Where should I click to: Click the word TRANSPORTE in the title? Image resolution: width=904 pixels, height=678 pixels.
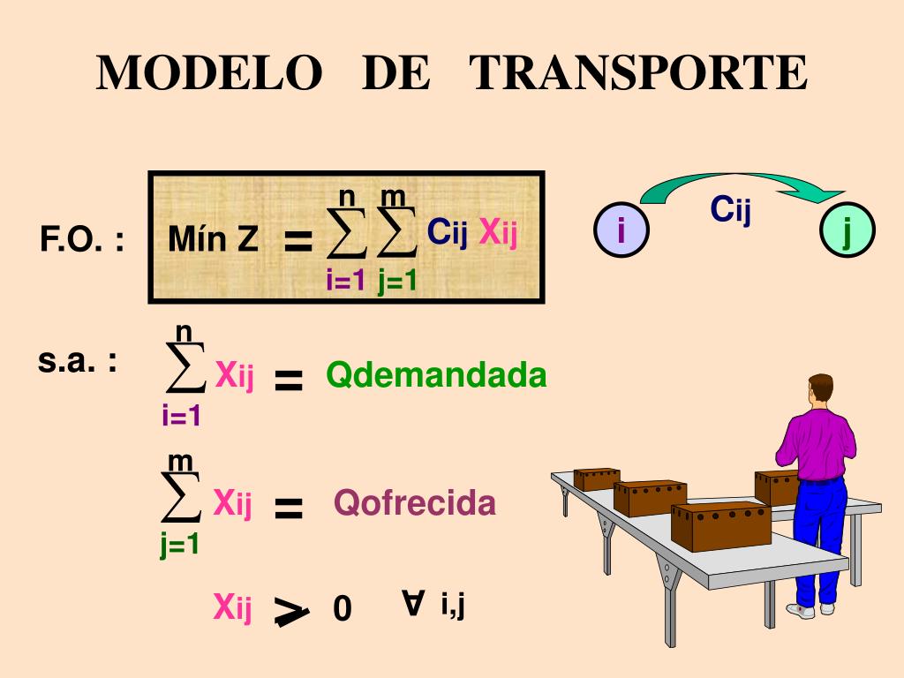pos(638,73)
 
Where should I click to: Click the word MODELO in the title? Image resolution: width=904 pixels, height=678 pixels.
pos(209,73)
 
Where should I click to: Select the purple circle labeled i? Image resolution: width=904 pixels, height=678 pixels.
pos(621,231)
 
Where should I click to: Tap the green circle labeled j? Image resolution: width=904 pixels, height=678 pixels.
pos(847,231)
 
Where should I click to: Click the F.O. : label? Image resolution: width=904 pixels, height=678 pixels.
pos(81,239)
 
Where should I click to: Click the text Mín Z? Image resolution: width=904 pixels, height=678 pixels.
pos(214,239)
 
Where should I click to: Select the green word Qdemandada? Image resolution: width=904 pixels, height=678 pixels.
pos(437,375)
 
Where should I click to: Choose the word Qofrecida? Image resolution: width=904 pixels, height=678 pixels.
pos(415,503)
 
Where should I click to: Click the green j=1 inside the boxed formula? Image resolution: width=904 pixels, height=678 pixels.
pos(397,282)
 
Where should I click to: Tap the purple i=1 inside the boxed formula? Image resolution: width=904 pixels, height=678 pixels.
pos(345,282)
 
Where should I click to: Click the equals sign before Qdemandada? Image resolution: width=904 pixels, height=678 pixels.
pos(289,380)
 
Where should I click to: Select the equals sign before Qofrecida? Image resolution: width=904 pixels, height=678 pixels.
pos(289,508)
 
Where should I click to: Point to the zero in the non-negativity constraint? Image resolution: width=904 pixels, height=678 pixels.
pos(343,609)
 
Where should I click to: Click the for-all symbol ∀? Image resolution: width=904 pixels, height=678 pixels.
pos(411,603)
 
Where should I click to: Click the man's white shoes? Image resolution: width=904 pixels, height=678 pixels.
pos(812,609)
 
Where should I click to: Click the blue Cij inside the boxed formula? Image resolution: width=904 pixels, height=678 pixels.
pos(448,232)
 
